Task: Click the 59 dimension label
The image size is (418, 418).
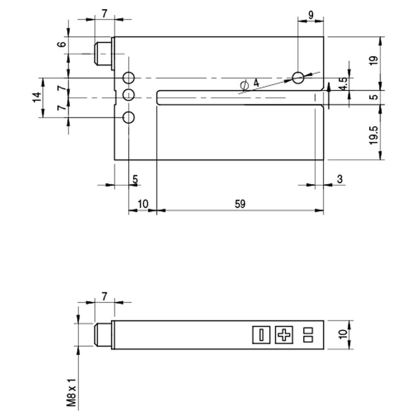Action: click(x=240, y=204)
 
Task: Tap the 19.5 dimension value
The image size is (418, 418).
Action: click(x=374, y=135)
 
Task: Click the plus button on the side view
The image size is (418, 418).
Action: click(x=284, y=334)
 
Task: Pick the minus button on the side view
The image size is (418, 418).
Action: click(x=261, y=334)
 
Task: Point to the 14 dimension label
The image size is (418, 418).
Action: click(x=37, y=97)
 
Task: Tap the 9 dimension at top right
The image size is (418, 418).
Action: click(x=311, y=15)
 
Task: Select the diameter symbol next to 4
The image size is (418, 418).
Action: click(x=245, y=85)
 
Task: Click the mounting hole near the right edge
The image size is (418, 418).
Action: click(x=298, y=78)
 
